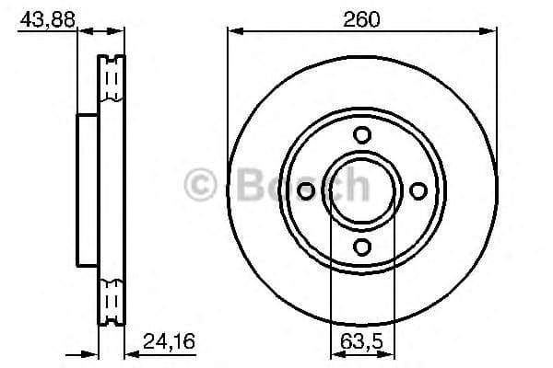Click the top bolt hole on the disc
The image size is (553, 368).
363,134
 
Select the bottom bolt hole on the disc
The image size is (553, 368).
363,246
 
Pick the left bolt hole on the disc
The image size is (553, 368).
307,190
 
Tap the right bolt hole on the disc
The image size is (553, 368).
418,190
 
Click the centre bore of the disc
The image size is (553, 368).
363,190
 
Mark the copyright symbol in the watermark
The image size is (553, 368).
202,184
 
